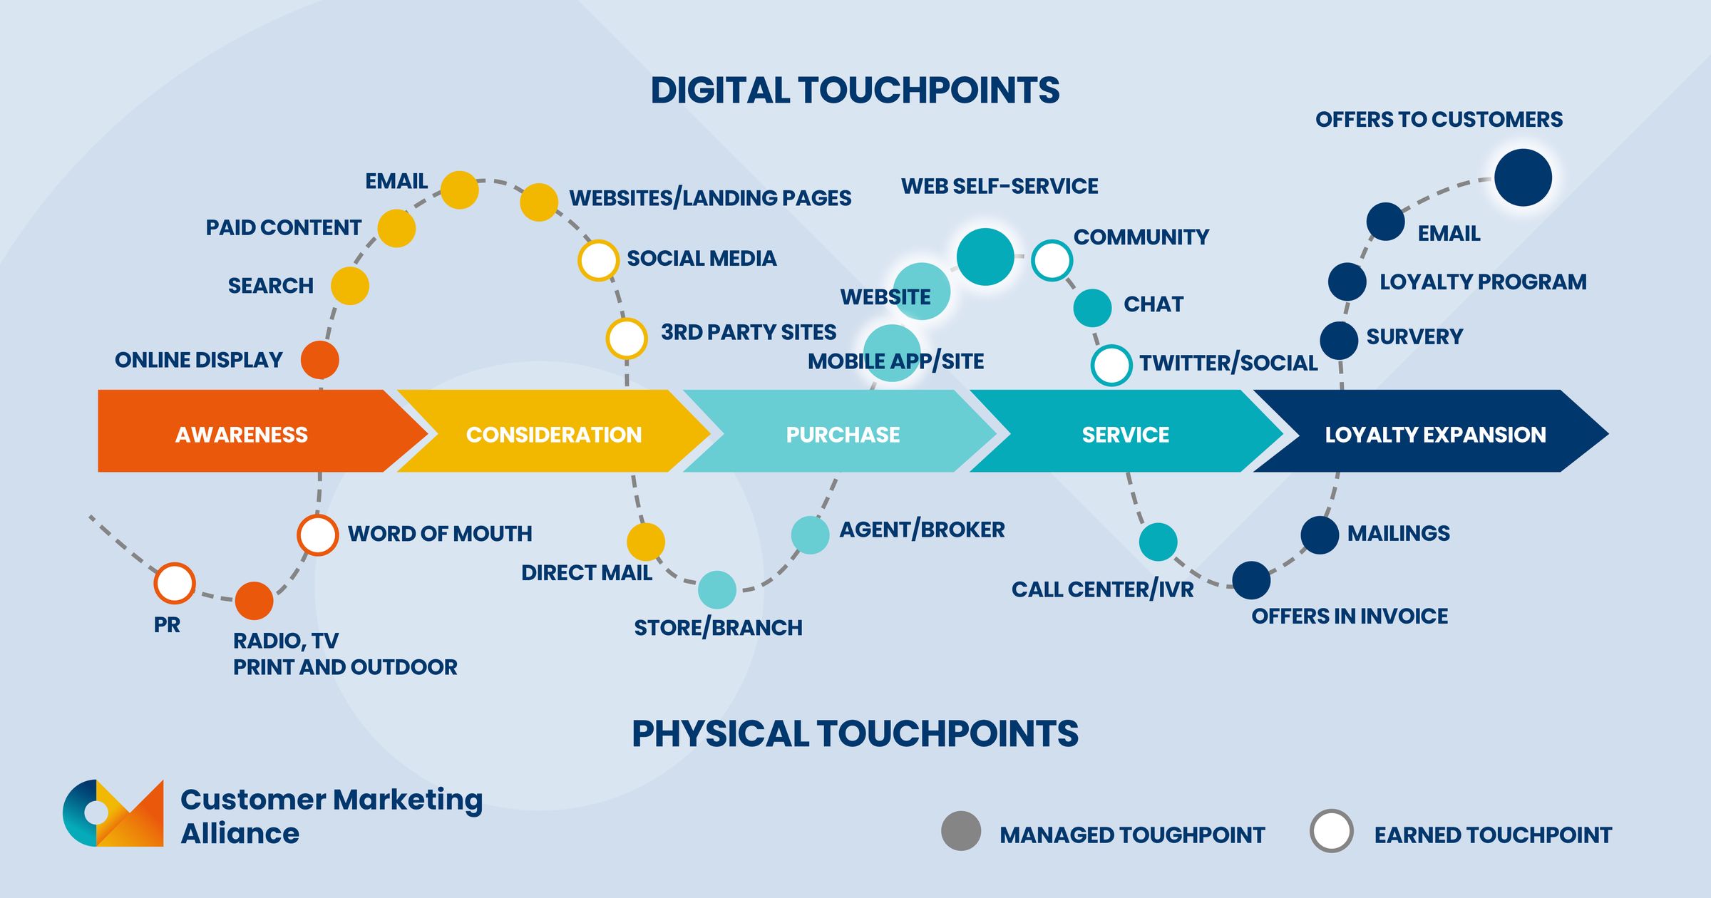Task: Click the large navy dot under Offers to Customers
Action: click(1523, 177)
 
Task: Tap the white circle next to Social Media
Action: click(597, 260)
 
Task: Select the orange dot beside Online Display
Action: click(319, 359)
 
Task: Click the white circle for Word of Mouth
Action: click(317, 535)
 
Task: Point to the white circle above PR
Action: click(175, 583)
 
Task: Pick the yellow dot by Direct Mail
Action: click(645, 542)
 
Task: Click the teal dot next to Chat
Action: click(1092, 308)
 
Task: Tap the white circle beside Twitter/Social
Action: click(1111, 365)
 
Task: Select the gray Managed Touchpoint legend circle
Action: click(960, 831)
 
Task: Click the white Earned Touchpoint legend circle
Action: click(1331, 831)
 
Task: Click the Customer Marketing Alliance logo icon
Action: click(113, 814)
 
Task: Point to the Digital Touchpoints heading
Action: click(854, 91)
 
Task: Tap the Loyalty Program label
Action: click(1482, 282)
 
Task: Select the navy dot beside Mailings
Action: click(1319, 535)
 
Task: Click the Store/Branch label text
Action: click(718, 628)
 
